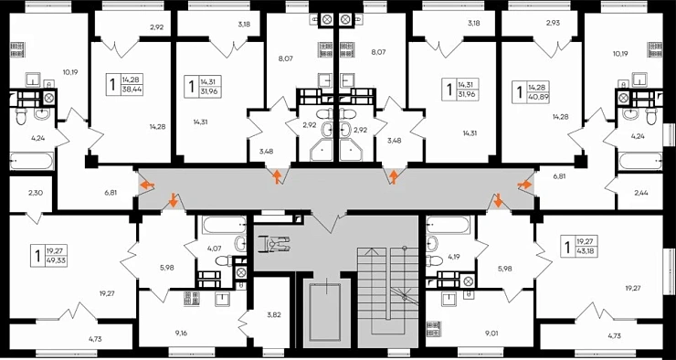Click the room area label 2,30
click(36, 193)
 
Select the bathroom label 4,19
click(454, 256)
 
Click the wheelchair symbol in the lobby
click(271, 244)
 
